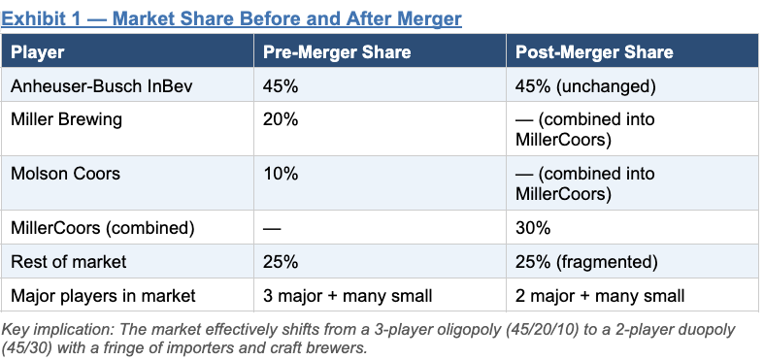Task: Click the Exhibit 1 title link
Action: pyautogui.click(x=231, y=19)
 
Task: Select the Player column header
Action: pyautogui.click(x=38, y=52)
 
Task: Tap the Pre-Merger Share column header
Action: pyautogui.click(x=337, y=52)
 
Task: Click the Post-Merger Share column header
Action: pyautogui.click(x=594, y=52)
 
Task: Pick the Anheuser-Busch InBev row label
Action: pyautogui.click(x=102, y=86)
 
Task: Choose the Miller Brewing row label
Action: pyautogui.click(x=66, y=119)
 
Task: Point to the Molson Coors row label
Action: pyautogui.click(x=65, y=174)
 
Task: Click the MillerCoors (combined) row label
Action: pyautogui.click(x=102, y=228)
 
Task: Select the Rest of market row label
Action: pyautogui.click(x=68, y=262)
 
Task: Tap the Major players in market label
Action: pyautogui.click(x=103, y=296)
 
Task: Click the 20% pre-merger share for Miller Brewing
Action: pyautogui.click(x=281, y=119)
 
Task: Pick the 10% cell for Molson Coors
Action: pyautogui.click(x=281, y=174)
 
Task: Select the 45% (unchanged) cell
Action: pyautogui.click(x=585, y=86)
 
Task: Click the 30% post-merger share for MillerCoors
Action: pyautogui.click(x=533, y=228)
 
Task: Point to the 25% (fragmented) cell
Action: pyautogui.click(x=586, y=262)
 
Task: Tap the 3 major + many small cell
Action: pyautogui.click(x=348, y=296)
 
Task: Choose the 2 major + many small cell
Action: pyautogui.click(x=600, y=296)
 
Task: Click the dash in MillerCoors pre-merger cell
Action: pyautogui.click(x=272, y=228)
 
